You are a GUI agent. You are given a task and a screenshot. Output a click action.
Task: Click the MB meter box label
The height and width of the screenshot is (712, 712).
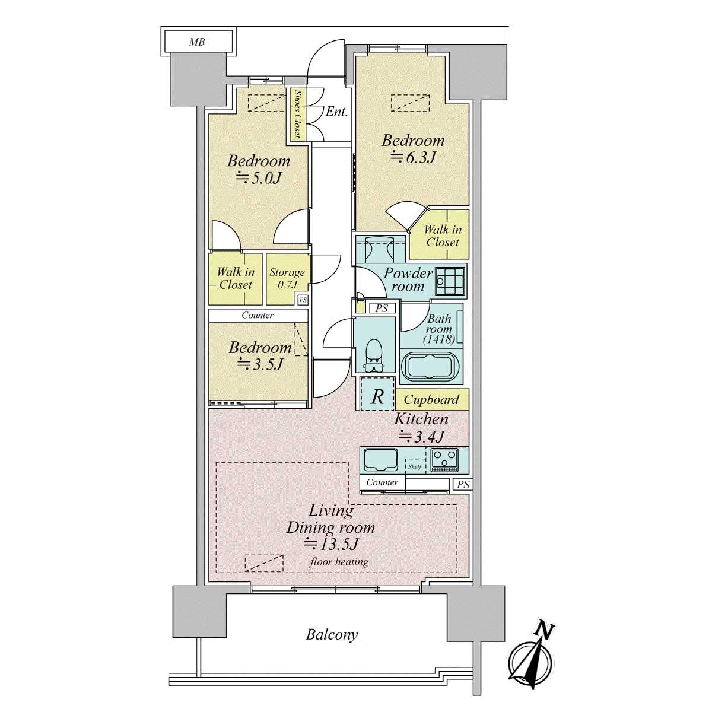[197, 42]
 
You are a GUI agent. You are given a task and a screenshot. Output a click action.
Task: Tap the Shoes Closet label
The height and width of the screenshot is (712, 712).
[297, 114]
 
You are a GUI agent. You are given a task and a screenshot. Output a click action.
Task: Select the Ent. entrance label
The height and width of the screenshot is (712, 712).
[336, 112]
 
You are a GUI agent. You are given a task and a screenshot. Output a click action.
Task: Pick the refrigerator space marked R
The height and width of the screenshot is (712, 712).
[377, 393]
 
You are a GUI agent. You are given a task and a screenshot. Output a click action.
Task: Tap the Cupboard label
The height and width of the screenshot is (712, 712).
[431, 399]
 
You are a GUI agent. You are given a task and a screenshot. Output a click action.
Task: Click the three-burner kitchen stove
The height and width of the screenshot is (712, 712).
[444, 460]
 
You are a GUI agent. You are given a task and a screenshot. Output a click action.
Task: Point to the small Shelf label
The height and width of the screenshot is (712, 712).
[415, 467]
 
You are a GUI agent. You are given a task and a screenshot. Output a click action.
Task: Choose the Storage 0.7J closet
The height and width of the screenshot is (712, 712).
[287, 279]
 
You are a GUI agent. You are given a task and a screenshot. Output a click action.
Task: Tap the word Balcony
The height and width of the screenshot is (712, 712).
[332, 635]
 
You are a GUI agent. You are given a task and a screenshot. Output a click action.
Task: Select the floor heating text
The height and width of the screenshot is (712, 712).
[339, 562]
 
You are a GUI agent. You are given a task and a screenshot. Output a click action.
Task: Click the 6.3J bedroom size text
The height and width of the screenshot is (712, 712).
[413, 158]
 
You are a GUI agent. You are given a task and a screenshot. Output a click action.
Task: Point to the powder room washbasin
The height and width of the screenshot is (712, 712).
[450, 281]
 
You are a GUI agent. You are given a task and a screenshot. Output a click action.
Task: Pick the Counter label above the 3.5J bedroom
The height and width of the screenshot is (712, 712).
[258, 315]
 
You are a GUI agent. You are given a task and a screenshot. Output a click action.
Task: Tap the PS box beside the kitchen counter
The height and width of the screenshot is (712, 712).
[463, 484]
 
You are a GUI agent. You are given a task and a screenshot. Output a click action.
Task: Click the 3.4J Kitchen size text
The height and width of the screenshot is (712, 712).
[422, 437]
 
